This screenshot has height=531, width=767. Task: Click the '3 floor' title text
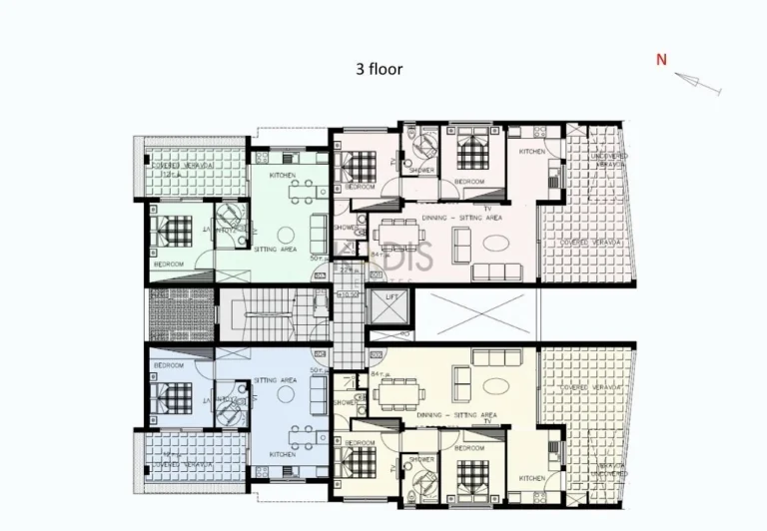(x=379, y=70)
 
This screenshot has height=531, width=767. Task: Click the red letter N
(x=661, y=60)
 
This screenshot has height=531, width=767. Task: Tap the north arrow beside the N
(x=698, y=85)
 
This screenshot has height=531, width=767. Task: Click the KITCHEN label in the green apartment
(x=283, y=176)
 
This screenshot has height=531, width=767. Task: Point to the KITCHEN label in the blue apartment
(x=283, y=455)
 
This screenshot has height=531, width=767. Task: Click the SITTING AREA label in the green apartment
(x=274, y=249)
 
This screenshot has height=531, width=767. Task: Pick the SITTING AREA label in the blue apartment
(x=274, y=380)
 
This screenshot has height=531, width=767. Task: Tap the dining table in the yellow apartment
(x=400, y=394)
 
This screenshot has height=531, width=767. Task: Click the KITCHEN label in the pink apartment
(x=531, y=152)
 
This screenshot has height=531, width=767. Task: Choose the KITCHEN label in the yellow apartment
(x=531, y=478)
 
